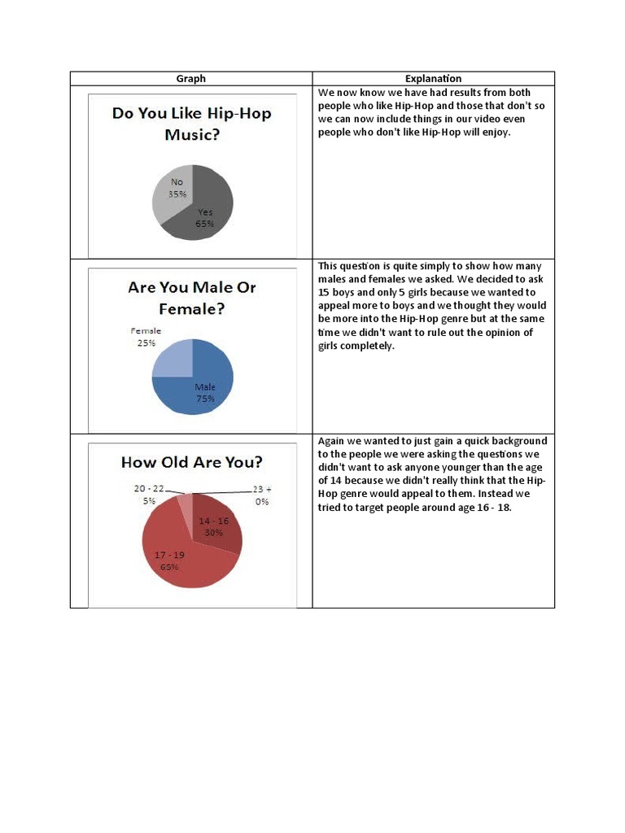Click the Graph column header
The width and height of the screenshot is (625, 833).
(x=191, y=79)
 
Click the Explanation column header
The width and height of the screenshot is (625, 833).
(x=433, y=79)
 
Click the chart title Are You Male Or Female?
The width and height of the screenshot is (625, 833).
(x=191, y=298)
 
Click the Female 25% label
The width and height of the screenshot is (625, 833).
(x=146, y=337)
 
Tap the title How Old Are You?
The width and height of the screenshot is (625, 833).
(x=191, y=462)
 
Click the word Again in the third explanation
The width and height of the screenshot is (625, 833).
(x=331, y=441)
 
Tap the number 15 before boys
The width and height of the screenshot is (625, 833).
(x=323, y=292)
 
